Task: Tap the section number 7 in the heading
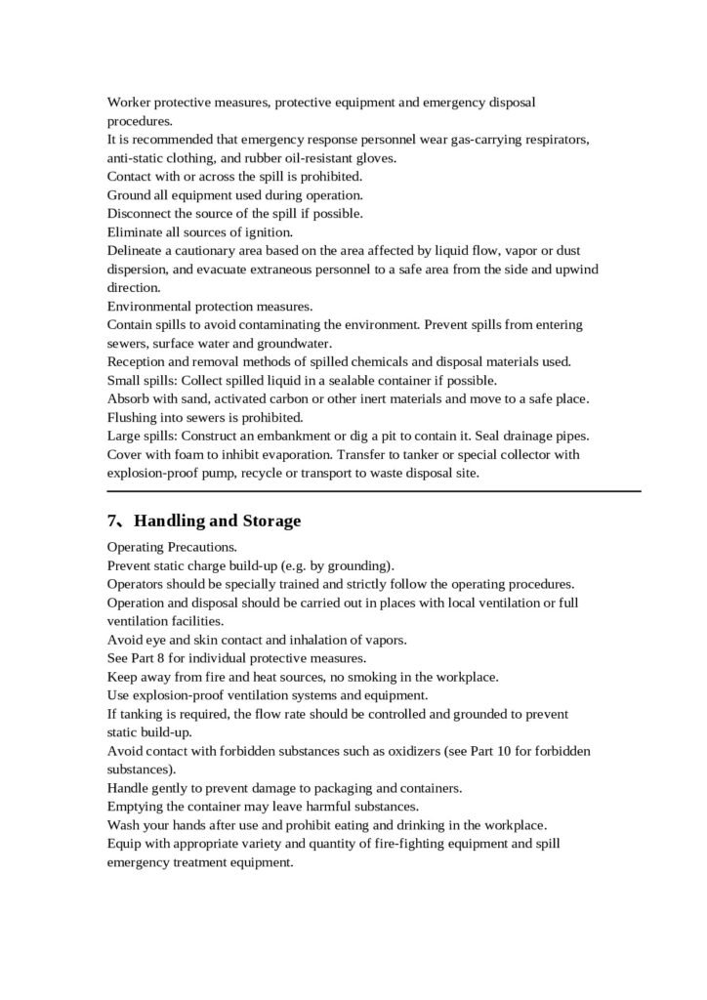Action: pos(112,521)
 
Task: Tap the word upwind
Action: pos(562,270)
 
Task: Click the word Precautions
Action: pos(200,547)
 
